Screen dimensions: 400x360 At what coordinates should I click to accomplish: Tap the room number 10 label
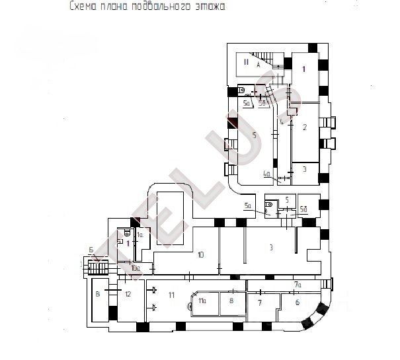pos(201,254)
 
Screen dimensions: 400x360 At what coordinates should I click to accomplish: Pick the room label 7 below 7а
pos(259,303)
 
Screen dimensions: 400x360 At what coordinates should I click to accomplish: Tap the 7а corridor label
pos(298,285)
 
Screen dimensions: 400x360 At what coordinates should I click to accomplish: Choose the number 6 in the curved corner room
pos(297,303)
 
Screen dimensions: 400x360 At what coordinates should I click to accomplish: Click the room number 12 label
pos(128,293)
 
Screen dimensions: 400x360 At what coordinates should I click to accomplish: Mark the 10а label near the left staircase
pos(134,268)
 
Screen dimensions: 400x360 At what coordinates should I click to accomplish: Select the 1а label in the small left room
pos(140,235)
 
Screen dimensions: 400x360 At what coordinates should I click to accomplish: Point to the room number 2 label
pos(305,127)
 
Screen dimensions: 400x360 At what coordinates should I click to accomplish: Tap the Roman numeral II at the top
pos(245,62)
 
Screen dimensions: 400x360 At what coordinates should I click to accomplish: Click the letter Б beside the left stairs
pos(90,249)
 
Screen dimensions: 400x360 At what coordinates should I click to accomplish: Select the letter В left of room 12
pos(98,293)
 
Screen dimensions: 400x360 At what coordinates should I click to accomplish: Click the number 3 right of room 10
pos(271,247)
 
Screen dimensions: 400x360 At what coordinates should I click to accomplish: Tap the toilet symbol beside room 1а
pos(126,233)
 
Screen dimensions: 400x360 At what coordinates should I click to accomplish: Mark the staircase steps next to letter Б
pos(99,267)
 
